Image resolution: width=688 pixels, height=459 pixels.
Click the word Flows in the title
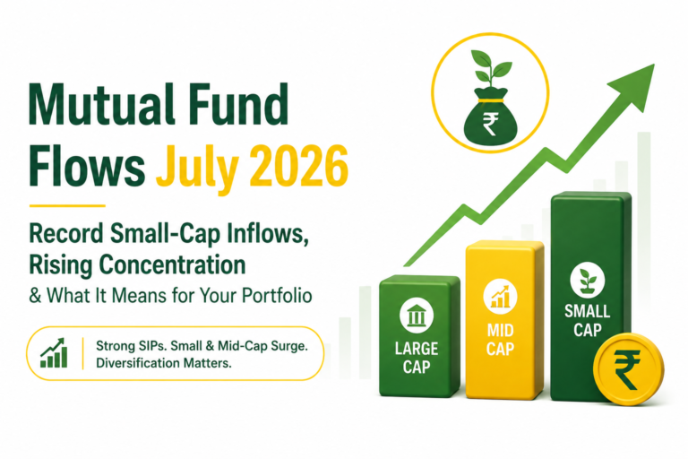(87, 167)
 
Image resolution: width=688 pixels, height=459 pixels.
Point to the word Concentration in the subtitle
(172, 264)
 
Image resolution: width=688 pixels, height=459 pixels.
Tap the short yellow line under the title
(67, 205)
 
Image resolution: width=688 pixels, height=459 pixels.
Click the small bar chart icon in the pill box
(54, 353)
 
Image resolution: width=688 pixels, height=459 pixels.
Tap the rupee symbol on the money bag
(489, 125)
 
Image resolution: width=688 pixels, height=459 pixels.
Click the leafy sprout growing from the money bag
(491, 68)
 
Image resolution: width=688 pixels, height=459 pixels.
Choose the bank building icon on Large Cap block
(417, 316)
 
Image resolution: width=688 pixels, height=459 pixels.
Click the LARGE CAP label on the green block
(417, 358)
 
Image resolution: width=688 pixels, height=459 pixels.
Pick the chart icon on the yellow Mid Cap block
(500, 296)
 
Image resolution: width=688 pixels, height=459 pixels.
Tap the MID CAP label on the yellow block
(500, 340)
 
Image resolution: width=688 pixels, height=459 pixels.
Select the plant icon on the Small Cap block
(588, 280)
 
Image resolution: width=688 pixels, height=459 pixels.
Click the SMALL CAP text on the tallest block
(588, 321)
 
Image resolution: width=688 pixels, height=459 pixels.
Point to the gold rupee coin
(628, 368)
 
